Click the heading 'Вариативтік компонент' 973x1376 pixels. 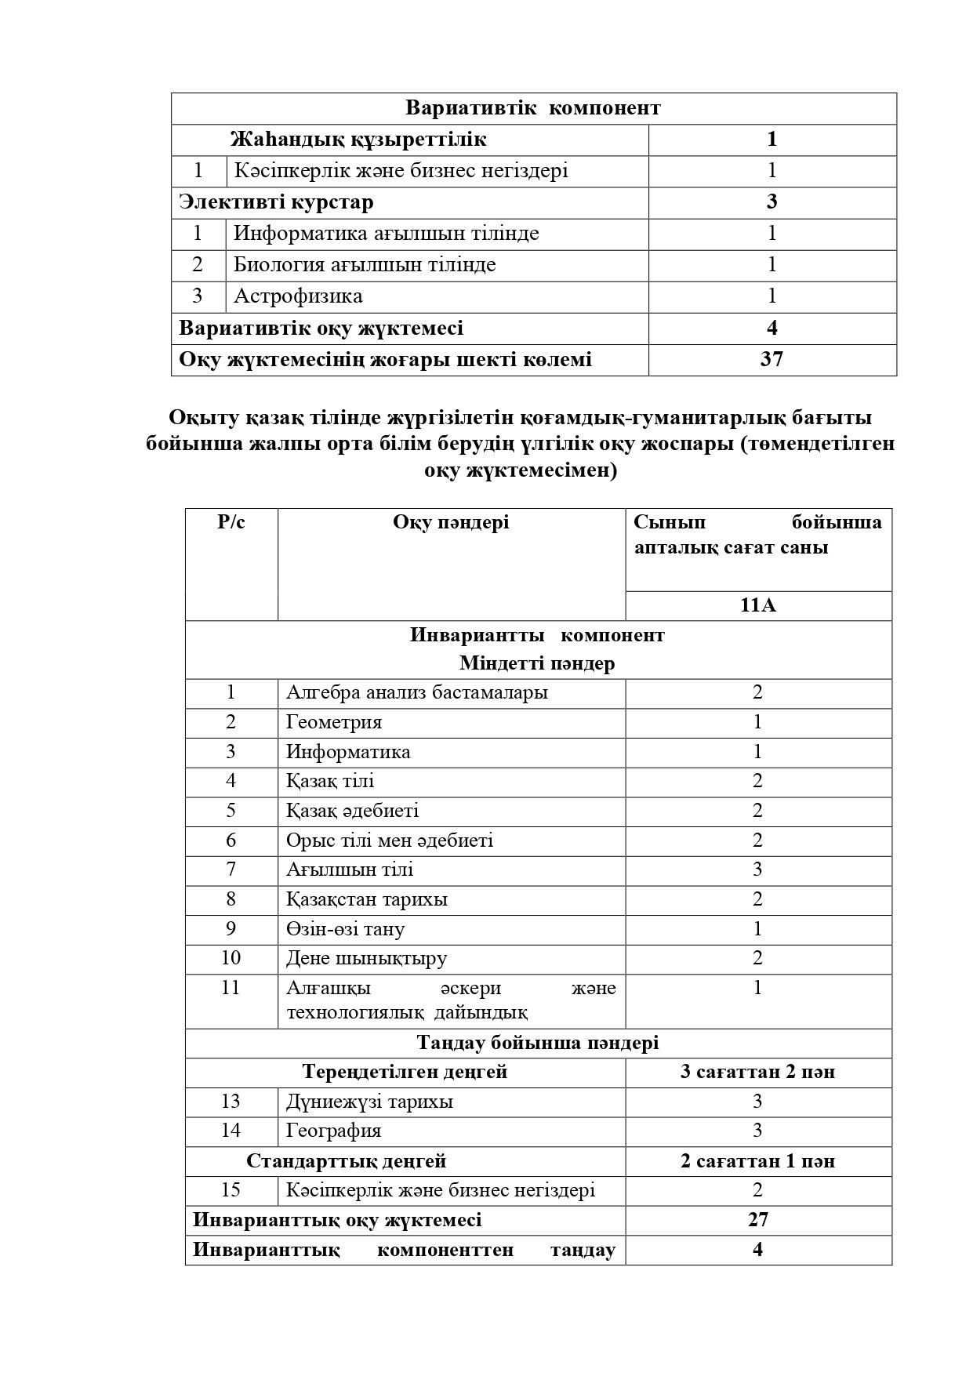[x=533, y=108]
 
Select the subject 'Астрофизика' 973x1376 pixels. [x=298, y=296]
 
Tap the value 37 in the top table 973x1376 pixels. [x=772, y=360]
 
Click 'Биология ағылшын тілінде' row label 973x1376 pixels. [x=365, y=265]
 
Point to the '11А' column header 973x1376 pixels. [x=757, y=605]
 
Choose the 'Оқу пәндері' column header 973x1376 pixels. [x=451, y=523]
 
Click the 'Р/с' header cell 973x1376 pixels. [x=231, y=523]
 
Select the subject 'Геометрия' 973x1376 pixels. [x=334, y=722]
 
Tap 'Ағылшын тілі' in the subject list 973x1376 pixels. [x=350, y=870]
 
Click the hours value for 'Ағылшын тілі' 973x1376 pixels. [x=757, y=870]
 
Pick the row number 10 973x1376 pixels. [x=231, y=958]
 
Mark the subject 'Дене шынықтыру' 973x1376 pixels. [x=367, y=958]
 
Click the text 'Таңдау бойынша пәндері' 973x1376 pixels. [x=538, y=1043]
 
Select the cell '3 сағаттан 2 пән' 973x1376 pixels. [x=757, y=1072]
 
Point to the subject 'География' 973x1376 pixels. [x=334, y=1131]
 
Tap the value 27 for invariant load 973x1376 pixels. [x=757, y=1220]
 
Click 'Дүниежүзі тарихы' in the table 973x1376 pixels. [x=369, y=1102]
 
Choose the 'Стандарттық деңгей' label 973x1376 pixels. [x=346, y=1160]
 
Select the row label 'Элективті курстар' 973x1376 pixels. [x=276, y=202]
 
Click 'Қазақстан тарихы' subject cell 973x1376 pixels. [x=367, y=899]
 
